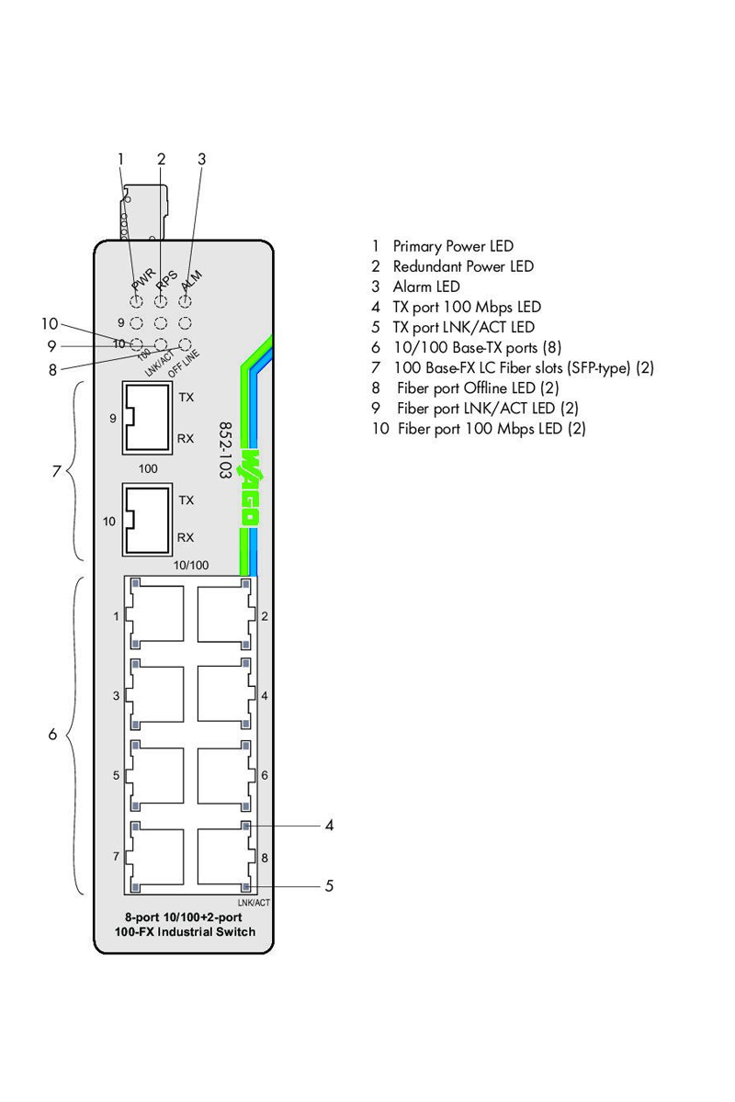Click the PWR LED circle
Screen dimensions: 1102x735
point(136,301)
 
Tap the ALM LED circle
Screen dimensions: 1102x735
point(185,301)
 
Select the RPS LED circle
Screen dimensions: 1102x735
point(160,301)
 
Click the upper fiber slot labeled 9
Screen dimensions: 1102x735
point(147,419)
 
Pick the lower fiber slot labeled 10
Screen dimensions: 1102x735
point(147,521)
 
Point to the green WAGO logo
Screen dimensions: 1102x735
point(249,487)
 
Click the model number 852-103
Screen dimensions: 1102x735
point(224,451)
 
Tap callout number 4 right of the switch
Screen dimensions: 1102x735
point(329,826)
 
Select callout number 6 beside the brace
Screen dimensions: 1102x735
point(52,735)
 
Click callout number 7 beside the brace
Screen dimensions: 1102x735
point(56,471)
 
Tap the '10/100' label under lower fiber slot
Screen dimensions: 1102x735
point(191,565)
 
